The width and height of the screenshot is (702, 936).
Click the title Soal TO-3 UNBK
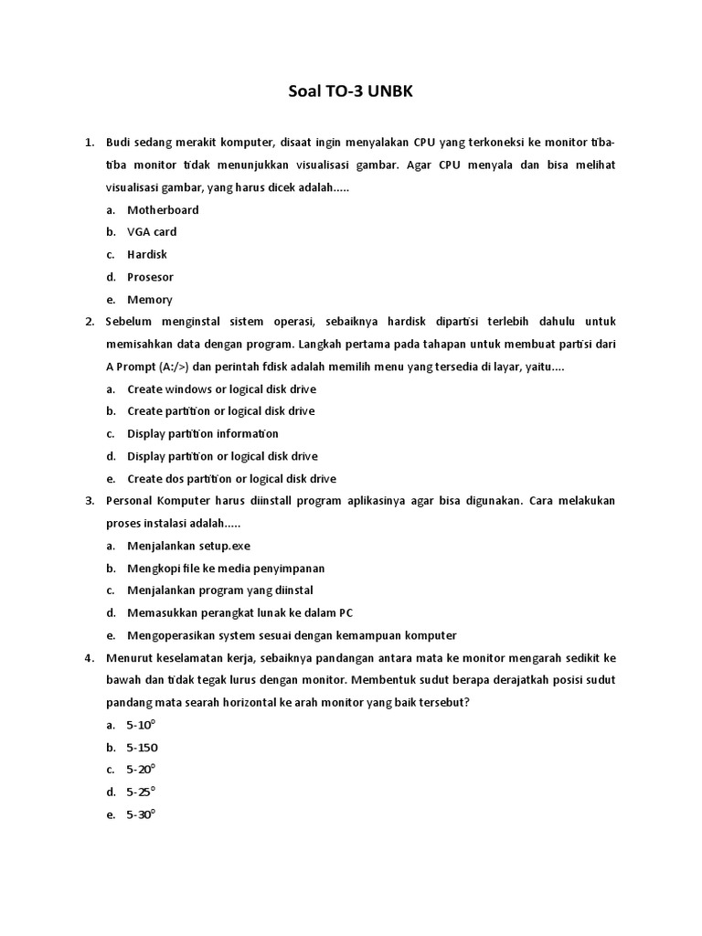(x=351, y=92)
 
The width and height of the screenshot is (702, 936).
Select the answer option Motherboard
(x=163, y=209)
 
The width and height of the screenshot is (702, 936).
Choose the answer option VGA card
(x=152, y=232)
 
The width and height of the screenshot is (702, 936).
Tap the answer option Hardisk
(x=147, y=254)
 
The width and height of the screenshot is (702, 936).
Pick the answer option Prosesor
(x=150, y=277)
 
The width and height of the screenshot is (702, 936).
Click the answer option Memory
(x=150, y=299)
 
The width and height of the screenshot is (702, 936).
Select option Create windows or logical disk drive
(x=221, y=388)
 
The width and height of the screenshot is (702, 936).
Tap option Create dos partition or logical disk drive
(x=231, y=478)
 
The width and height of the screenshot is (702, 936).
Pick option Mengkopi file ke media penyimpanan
(x=226, y=568)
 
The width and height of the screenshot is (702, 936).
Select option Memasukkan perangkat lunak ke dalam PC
(x=239, y=612)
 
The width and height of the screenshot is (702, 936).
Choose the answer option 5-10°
(x=142, y=725)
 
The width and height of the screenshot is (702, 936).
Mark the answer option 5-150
(x=143, y=747)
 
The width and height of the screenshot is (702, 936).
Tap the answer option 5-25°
(x=142, y=792)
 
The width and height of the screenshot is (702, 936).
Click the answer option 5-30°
(x=142, y=814)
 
